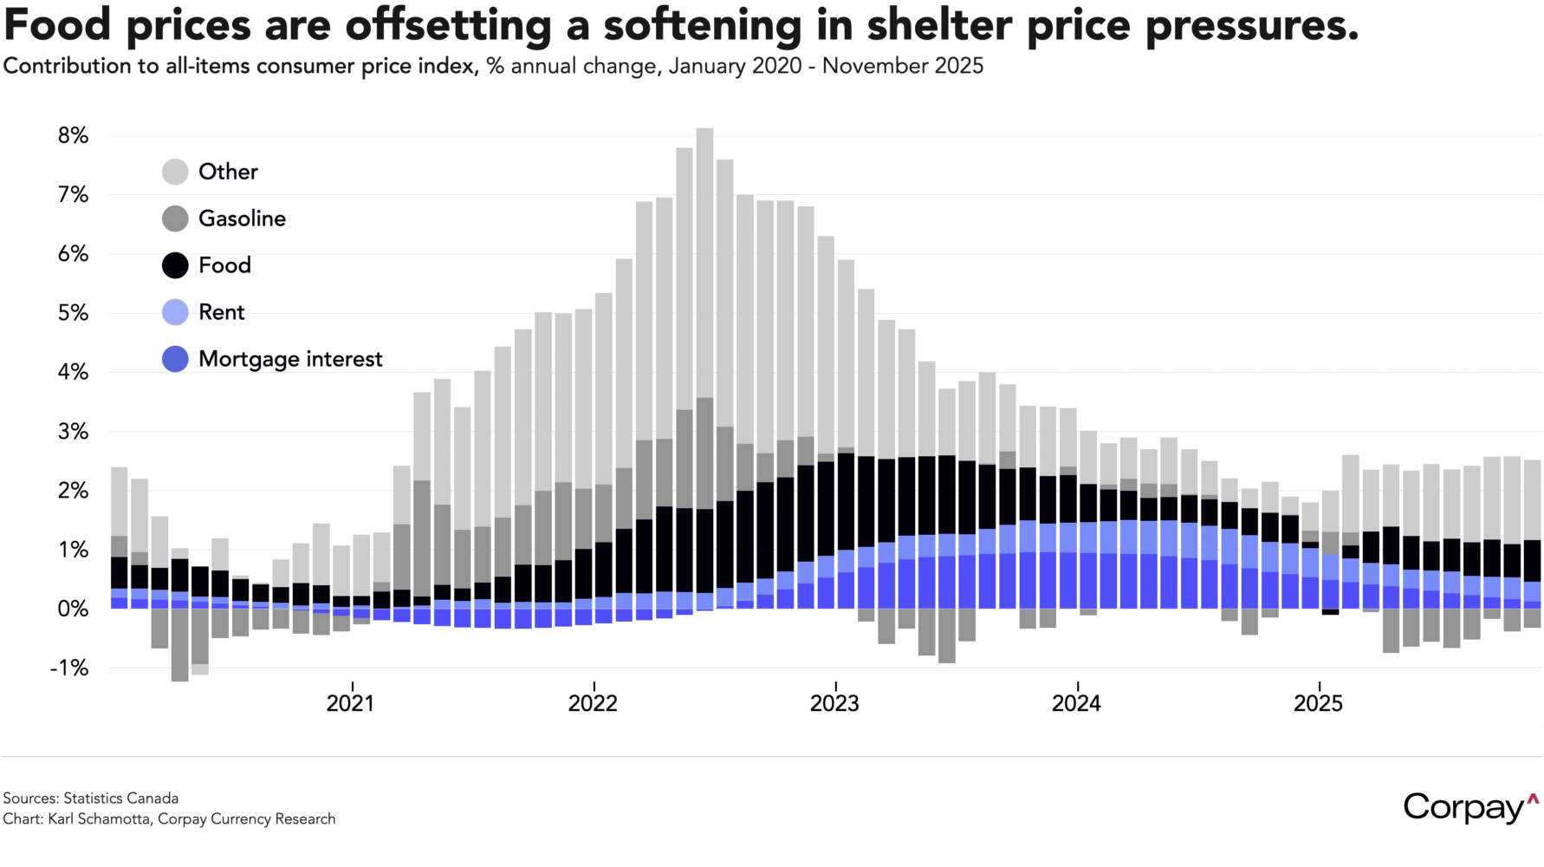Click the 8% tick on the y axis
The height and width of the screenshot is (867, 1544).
[x=74, y=136]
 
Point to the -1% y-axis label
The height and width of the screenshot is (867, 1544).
[x=69, y=668]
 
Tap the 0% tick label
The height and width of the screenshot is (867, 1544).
[x=74, y=610]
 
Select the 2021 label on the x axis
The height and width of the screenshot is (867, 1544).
[x=351, y=703]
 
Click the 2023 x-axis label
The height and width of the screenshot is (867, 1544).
[x=834, y=703]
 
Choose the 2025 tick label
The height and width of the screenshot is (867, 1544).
[x=1318, y=703]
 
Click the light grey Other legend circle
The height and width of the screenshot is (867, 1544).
[x=175, y=172]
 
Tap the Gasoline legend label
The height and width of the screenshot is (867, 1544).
[x=242, y=218]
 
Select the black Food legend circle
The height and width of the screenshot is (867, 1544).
[x=175, y=265]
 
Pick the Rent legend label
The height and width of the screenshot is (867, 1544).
[x=222, y=312]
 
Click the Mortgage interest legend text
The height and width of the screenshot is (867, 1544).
[x=290, y=359]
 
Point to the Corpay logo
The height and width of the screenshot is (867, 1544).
[x=1469, y=807]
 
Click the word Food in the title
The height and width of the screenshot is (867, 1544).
[x=57, y=24]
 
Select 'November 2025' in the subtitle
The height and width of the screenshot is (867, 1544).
[x=903, y=66]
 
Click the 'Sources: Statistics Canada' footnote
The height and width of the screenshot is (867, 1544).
[x=91, y=799]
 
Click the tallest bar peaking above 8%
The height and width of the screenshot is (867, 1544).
[x=705, y=260]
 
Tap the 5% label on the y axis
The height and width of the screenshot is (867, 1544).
[x=74, y=313]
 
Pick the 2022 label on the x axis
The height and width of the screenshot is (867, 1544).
[x=593, y=703]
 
